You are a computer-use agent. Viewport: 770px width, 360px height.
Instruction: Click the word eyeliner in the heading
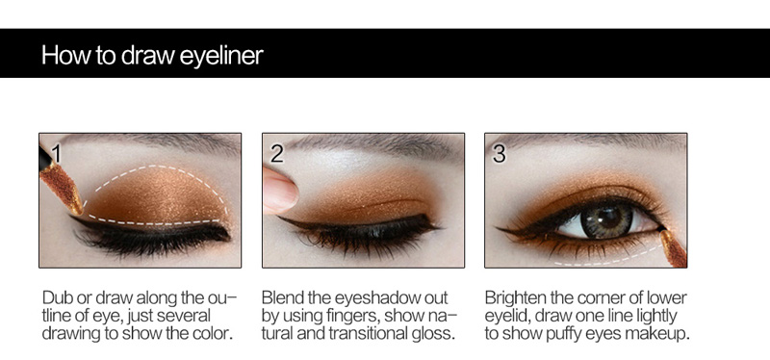[221, 56]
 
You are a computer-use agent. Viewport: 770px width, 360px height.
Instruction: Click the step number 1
[56, 154]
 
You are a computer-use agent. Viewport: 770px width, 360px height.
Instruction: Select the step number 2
[277, 154]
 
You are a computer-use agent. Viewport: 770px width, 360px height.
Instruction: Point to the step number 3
[499, 154]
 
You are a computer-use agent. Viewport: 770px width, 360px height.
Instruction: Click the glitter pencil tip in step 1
[62, 189]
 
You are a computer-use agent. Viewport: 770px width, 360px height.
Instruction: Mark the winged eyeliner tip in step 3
[498, 228]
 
